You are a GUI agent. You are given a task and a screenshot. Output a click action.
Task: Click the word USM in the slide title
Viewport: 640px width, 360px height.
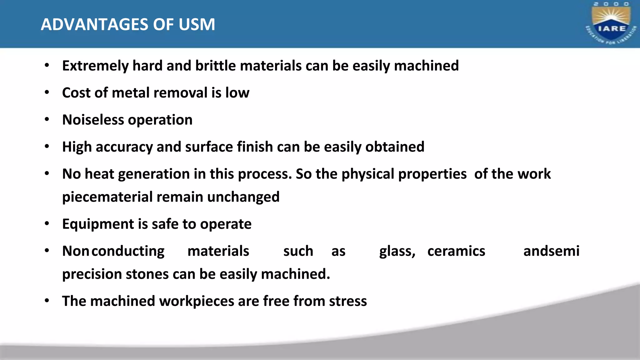tap(197, 24)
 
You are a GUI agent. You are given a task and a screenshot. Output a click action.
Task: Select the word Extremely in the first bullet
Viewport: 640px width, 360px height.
tap(95, 66)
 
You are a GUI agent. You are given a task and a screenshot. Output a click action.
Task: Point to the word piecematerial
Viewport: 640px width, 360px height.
tap(107, 197)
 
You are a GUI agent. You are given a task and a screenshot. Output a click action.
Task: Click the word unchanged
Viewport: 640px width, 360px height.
tap(243, 197)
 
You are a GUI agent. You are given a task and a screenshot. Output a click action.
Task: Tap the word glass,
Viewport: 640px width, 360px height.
tap(397, 251)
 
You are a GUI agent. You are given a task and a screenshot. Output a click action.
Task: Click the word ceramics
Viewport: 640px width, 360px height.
tap(456, 251)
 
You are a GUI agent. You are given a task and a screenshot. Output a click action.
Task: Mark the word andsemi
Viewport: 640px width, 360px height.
tap(551, 251)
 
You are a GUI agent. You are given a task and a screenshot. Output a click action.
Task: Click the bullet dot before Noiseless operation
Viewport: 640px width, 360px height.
tap(47, 120)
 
